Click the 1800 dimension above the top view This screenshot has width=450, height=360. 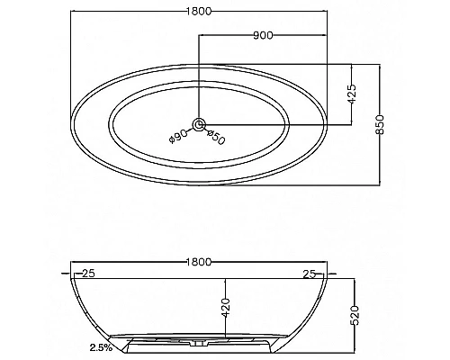click(199, 11)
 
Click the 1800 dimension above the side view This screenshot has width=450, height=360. click(199, 262)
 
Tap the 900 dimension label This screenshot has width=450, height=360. click(263, 35)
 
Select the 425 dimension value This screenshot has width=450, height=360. click(352, 94)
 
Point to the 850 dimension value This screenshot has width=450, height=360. click(380, 124)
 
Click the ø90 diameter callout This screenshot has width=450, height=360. click(178, 137)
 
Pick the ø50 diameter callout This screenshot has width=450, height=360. click(216, 137)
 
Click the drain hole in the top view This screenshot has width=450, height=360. click(199, 124)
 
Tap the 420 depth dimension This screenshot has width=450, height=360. click(226, 308)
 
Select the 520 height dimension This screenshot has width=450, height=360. click(355, 316)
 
